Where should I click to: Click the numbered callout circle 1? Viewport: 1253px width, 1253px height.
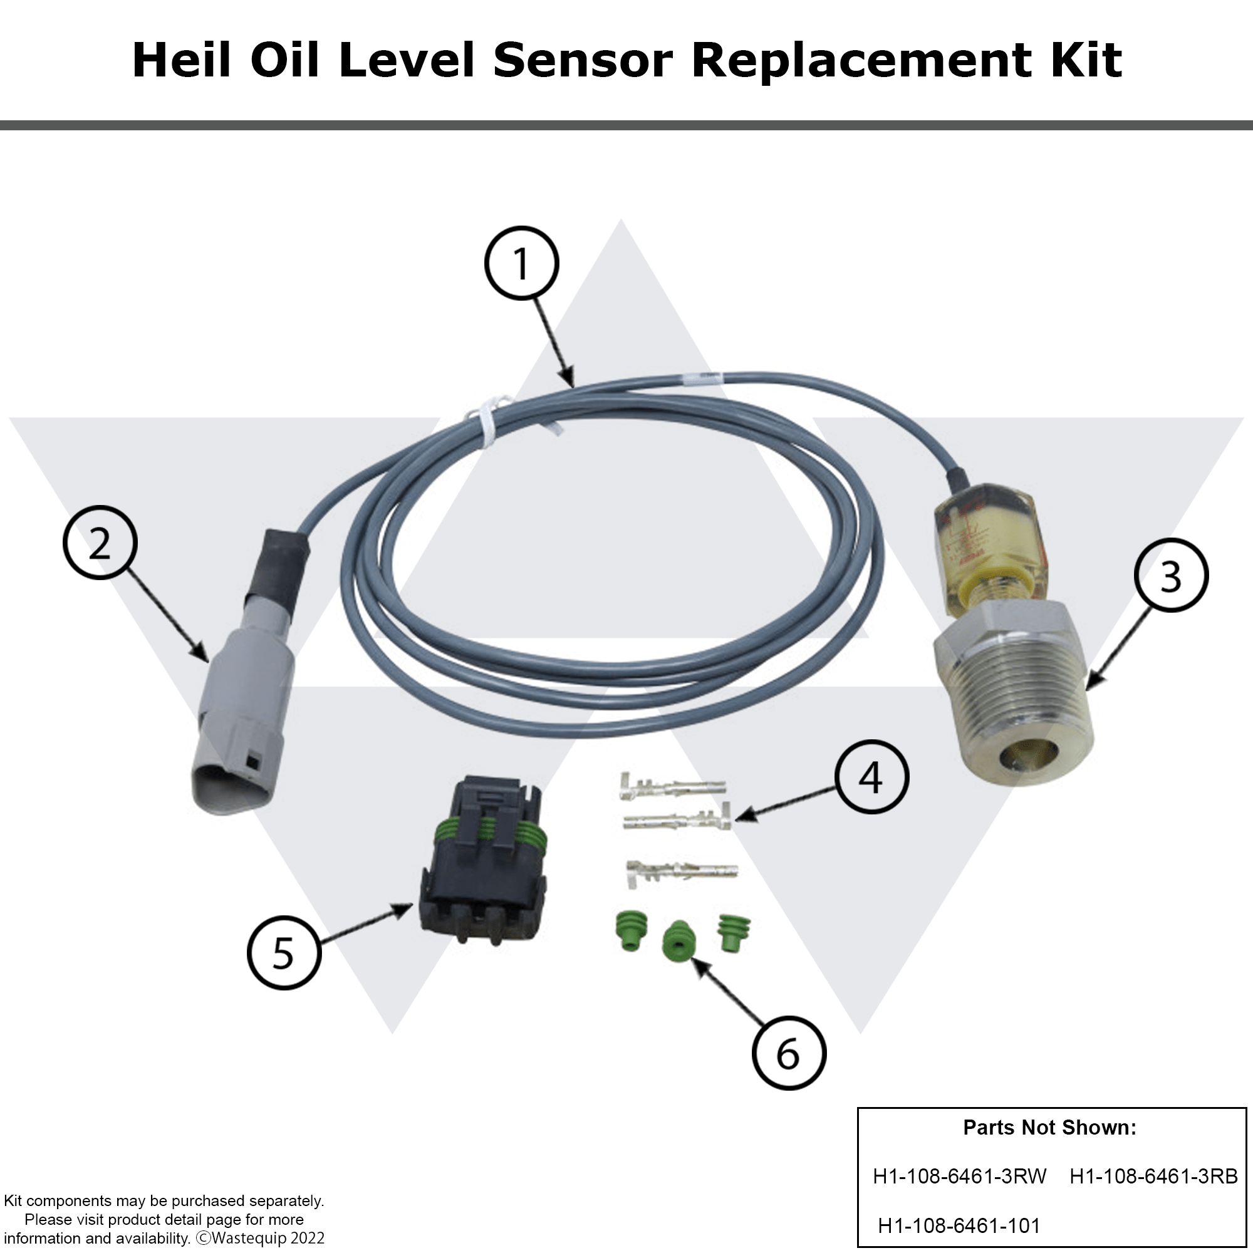pyautogui.click(x=521, y=263)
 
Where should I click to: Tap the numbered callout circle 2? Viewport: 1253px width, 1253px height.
pyautogui.click(x=100, y=543)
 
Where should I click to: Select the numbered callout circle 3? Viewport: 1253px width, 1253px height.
pyautogui.click(x=1171, y=575)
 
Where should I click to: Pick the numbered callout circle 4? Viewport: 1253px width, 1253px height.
pyautogui.click(x=871, y=776)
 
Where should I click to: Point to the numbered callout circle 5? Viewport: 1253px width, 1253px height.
pyautogui.click(x=283, y=953)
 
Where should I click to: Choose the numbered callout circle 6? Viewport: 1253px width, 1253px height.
pyautogui.click(x=789, y=1053)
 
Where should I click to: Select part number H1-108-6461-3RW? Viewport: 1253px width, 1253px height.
pyautogui.click(x=959, y=1176)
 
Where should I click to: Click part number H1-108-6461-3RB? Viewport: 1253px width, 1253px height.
pyautogui.click(x=1153, y=1176)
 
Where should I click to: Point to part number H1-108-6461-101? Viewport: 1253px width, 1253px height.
pyautogui.click(x=959, y=1225)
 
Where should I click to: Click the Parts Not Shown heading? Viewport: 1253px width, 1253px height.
pyautogui.click(x=1049, y=1127)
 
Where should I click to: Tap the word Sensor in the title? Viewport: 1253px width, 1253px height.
pyautogui.click(x=583, y=60)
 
